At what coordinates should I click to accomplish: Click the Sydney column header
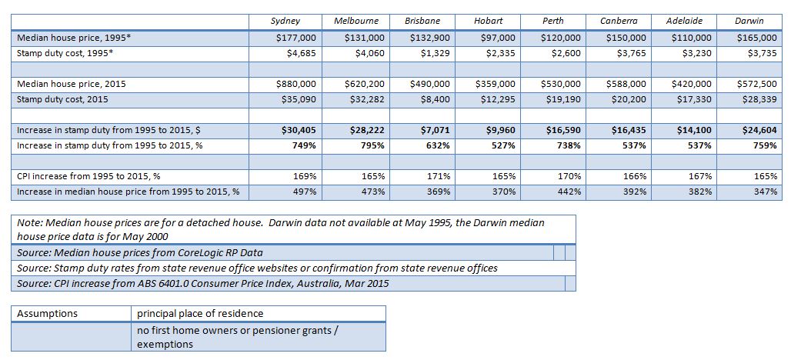tap(285, 22)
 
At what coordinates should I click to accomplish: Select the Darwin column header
tap(749, 22)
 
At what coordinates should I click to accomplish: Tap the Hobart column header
tap(488, 22)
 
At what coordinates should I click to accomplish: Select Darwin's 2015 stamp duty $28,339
tap(759, 99)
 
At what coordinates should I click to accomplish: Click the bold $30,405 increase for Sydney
tap(298, 131)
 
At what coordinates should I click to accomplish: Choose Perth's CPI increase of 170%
tap(570, 176)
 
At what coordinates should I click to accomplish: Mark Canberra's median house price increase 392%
tap(636, 192)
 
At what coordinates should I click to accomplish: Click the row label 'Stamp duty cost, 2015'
tap(62, 99)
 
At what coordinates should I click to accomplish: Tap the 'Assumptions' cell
tap(48, 314)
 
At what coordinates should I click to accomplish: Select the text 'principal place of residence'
tap(200, 314)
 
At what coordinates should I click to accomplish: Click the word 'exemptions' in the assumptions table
tap(165, 345)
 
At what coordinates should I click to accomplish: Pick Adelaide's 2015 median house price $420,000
tap(693, 84)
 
